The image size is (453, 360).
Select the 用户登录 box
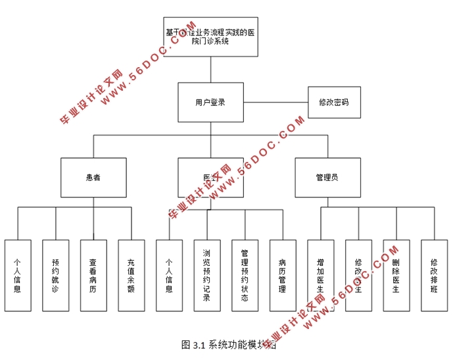(210, 102)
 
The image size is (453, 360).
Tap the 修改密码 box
(334, 103)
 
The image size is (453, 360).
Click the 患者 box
(93, 177)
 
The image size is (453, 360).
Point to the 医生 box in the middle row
(210, 177)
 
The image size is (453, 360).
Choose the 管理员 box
(327, 177)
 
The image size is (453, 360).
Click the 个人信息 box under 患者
(18, 274)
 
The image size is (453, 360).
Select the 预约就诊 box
(55, 274)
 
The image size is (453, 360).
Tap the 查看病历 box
(93, 274)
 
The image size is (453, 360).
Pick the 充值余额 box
(131, 274)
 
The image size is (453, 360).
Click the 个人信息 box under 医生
(169, 274)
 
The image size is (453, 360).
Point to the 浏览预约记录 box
(207, 274)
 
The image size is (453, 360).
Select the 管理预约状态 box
(245, 274)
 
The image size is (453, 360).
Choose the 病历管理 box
(283, 274)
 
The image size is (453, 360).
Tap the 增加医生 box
(321, 274)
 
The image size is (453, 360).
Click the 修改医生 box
(358, 274)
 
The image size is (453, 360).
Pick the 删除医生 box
(396, 274)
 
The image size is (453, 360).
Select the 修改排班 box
(434, 274)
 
